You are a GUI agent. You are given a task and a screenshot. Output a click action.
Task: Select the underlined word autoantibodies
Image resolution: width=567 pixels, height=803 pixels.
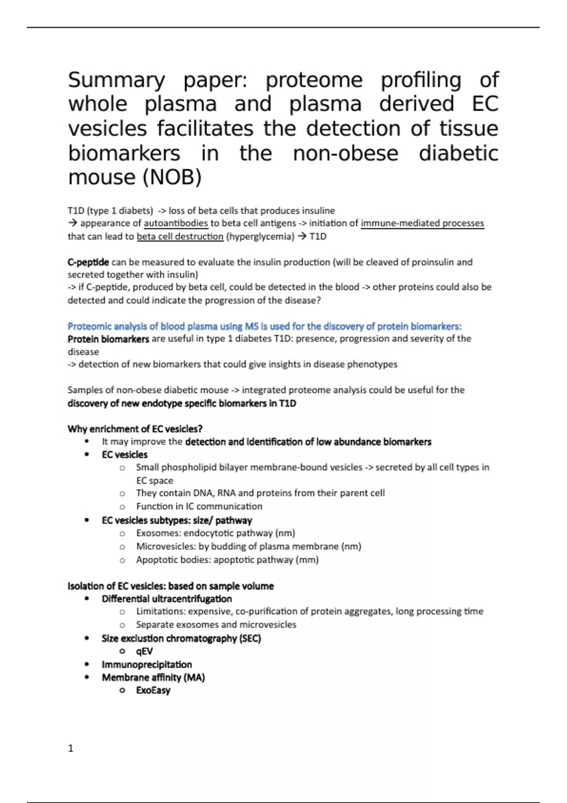[176, 223]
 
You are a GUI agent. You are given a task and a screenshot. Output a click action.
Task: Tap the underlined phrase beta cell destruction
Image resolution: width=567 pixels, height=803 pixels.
[180, 236]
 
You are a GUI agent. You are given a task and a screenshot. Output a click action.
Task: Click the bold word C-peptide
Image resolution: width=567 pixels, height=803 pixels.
[88, 262]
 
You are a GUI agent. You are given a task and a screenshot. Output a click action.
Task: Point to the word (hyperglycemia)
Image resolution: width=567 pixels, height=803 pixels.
[260, 236]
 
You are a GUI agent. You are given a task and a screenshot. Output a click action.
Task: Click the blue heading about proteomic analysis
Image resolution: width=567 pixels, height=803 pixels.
[264, 326]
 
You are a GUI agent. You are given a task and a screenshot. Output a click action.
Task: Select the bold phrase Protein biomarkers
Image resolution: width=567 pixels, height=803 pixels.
[108, 339]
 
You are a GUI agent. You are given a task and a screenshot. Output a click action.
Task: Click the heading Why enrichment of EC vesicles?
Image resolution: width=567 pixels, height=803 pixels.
[135, 429]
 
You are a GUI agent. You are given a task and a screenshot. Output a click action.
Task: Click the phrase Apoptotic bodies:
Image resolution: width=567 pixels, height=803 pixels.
[173, 560]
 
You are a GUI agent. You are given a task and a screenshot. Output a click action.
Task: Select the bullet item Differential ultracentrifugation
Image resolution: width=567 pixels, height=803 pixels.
[166, 598]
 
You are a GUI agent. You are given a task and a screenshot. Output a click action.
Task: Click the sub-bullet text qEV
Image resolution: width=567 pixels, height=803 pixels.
[144, 651]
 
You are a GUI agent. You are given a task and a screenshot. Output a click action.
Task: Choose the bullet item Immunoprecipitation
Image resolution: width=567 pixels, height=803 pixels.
[146, 664]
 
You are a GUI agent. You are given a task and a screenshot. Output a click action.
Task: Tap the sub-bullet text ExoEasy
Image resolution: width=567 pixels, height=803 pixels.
[153, 690]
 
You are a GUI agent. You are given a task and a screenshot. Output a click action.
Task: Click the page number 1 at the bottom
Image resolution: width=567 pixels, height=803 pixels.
[71, 748]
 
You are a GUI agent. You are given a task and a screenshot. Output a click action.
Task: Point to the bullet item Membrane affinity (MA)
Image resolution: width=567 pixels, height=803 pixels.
[153, 677]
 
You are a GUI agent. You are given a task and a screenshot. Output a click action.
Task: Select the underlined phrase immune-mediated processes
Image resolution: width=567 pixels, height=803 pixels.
[422, 223]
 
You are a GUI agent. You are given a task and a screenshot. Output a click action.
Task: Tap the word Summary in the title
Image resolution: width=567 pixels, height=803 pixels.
[116, 80]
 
